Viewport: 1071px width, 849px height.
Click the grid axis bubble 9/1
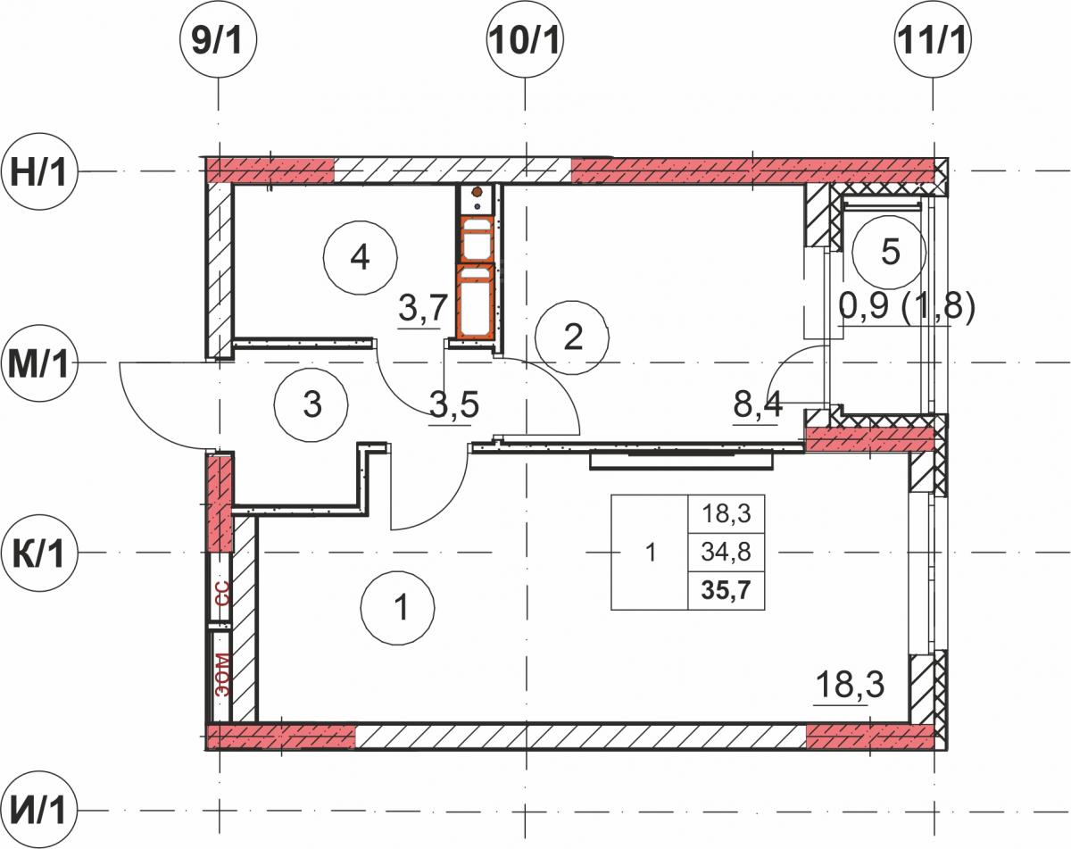[x=218, y=39]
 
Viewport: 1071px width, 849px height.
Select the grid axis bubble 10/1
[x=525, y=39]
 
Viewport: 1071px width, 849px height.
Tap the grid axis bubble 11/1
[x=932, y=39]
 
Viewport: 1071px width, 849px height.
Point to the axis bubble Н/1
[x=39, y=171]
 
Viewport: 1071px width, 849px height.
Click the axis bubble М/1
[x=39, y=363]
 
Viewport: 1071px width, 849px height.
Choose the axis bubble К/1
[x=39, y=553]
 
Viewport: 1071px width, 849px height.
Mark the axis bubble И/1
[x=39, y=811]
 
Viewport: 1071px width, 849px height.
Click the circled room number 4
[x=361, y=257]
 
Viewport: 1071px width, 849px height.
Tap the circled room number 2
[x=572, y=337]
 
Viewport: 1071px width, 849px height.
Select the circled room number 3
[x=311, y=404]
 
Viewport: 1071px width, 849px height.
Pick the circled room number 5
[x=889, y=252]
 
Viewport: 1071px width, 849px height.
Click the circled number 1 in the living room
[x=398, y=607]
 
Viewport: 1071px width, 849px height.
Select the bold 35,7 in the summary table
[x=726, y=591]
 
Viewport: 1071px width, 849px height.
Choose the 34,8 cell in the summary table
[x=726, y=552]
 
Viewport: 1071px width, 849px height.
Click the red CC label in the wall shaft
[x=223, y=593]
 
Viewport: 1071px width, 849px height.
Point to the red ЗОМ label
[x=223, y=675]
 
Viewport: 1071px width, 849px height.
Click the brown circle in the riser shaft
[x=477, y=191]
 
